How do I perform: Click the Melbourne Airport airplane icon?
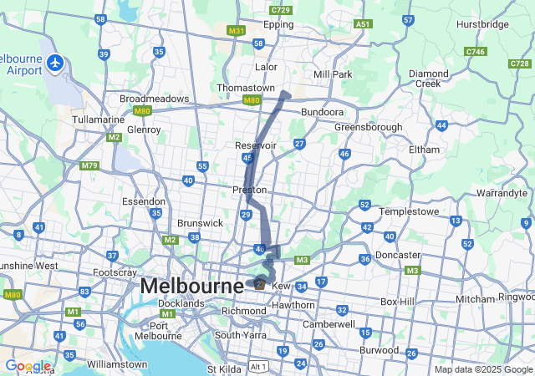point(55,63)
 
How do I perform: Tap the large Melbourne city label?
point(192,286)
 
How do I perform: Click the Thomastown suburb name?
point(245,88)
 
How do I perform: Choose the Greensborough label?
point(369,127)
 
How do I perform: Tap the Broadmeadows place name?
point(155,99)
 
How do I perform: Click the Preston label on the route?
point(249,191)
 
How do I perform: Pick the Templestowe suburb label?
point(409,212)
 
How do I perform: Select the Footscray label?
point(115,272)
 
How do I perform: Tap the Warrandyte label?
point(502,193)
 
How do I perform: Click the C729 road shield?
point(281,10)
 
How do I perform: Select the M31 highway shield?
point(236,30)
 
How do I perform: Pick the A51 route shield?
point(362,25)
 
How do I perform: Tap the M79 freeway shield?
point(89,165)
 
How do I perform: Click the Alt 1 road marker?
point(258,366)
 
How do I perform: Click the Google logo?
point(27,366)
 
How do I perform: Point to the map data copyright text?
point(483,369)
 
